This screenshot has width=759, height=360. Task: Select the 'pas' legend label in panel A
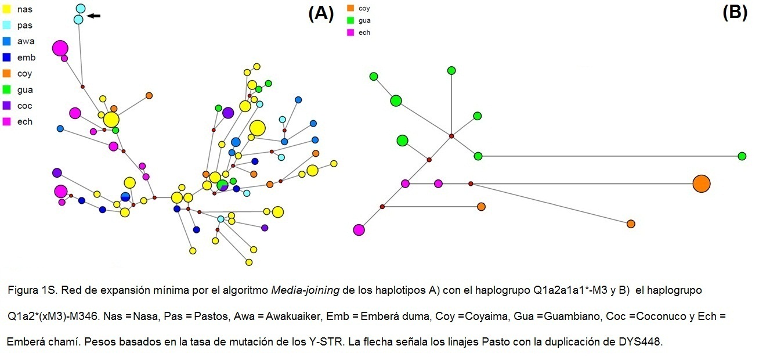(x=25, y=26)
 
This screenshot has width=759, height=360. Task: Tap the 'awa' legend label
(x=26, y=41)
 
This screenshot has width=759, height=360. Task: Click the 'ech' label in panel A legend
(x=25, y=122)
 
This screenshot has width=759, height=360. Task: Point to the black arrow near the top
(x=93, y=16)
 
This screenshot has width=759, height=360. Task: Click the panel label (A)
(x=321, y=14)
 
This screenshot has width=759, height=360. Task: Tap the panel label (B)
(x=735, y=13)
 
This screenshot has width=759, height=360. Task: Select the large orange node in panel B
(x=701, y=183)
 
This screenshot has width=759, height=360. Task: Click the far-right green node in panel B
(x=742, y=156)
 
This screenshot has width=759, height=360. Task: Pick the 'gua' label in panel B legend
(x=364, y=20)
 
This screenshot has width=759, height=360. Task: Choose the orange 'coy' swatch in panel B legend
(x=350, y=8)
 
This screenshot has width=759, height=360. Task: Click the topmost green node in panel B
(x=451, y=70)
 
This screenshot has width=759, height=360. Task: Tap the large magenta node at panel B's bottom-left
(x=359, y=230)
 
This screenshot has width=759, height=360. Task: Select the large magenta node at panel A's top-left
(x=60, y=48)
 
